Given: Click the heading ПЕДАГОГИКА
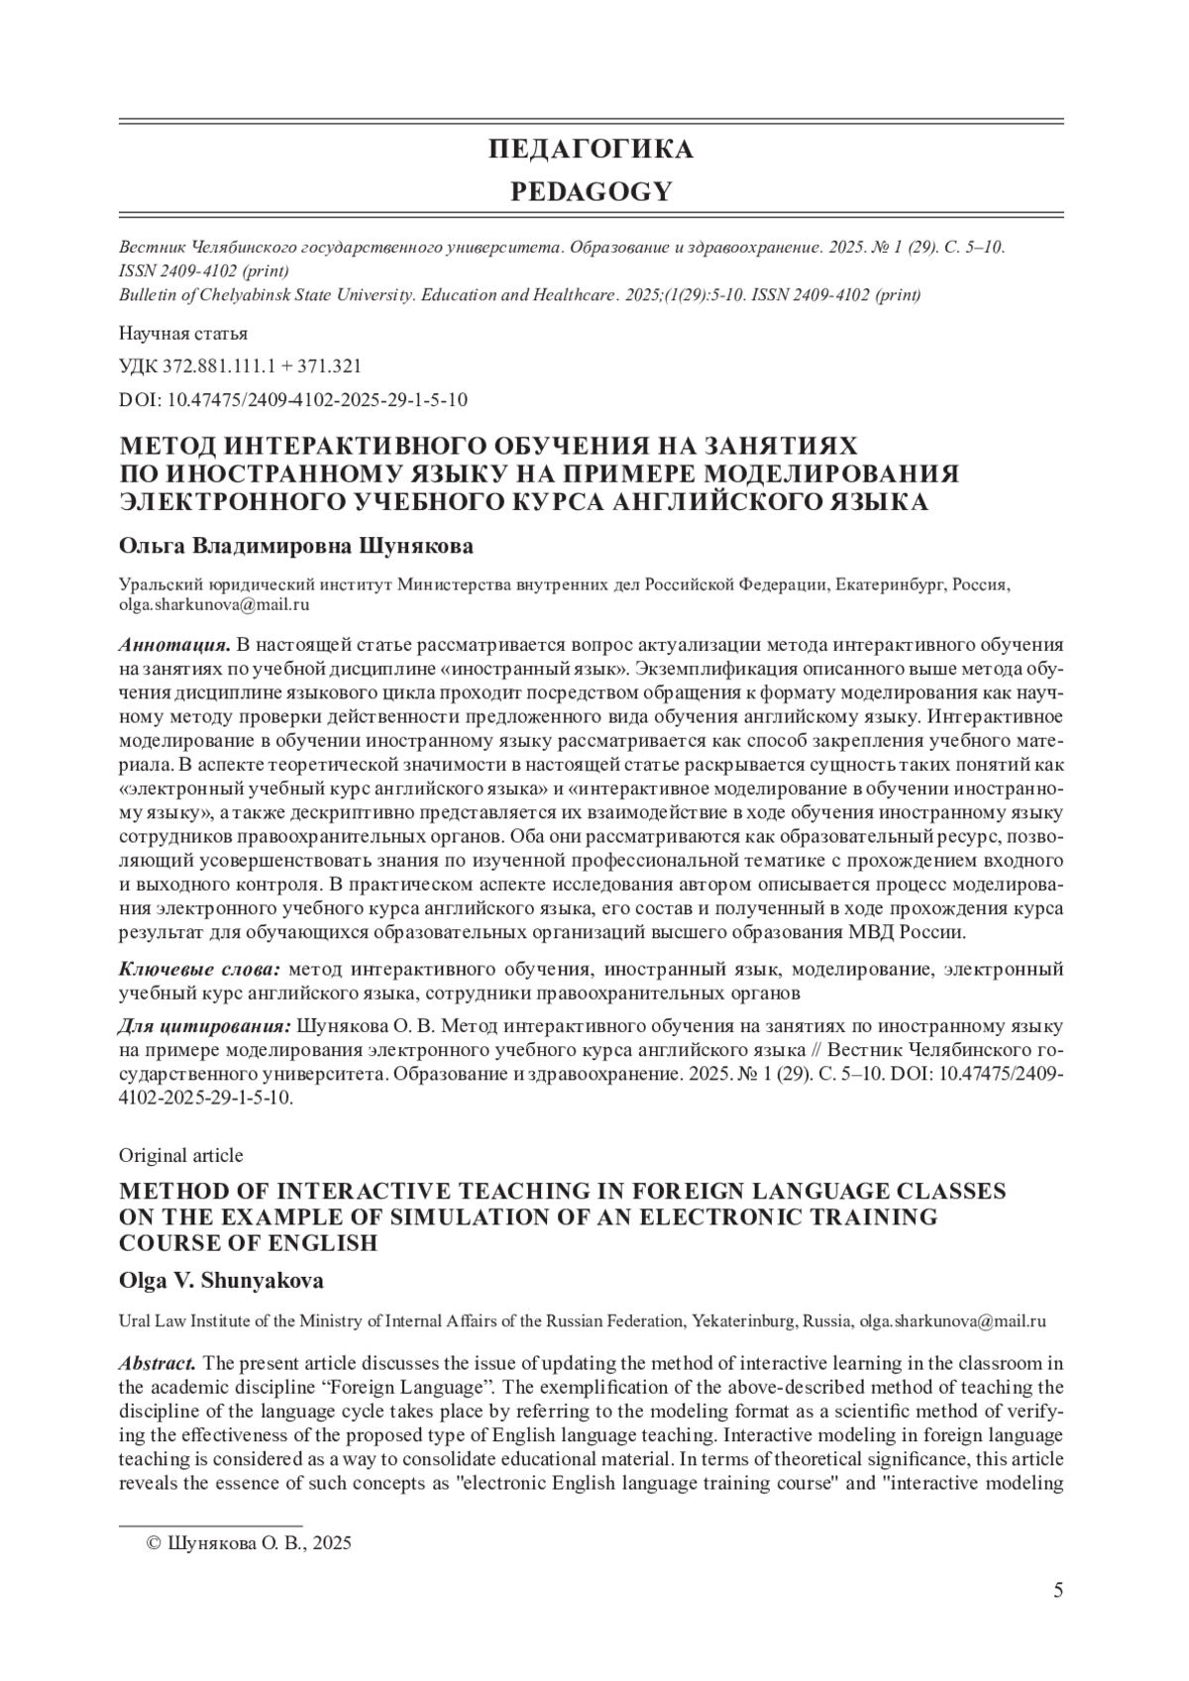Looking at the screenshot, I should (x=591, y=150).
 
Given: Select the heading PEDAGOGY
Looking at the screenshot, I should (x=591, y=192).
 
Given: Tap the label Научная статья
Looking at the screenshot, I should (x=183, y=333).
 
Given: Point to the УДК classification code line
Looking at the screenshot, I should (x=240, y=366).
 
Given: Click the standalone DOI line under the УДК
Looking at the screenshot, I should (x=293, y=399).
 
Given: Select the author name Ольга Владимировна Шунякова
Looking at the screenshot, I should (x=296, y=547).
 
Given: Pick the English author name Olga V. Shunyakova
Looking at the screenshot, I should (x=221, y=1281).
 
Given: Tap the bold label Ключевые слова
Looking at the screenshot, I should (x=199, y=968).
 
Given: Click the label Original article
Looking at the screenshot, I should (x=180, y=1155).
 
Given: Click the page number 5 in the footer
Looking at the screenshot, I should (x=1058, y=1619).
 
